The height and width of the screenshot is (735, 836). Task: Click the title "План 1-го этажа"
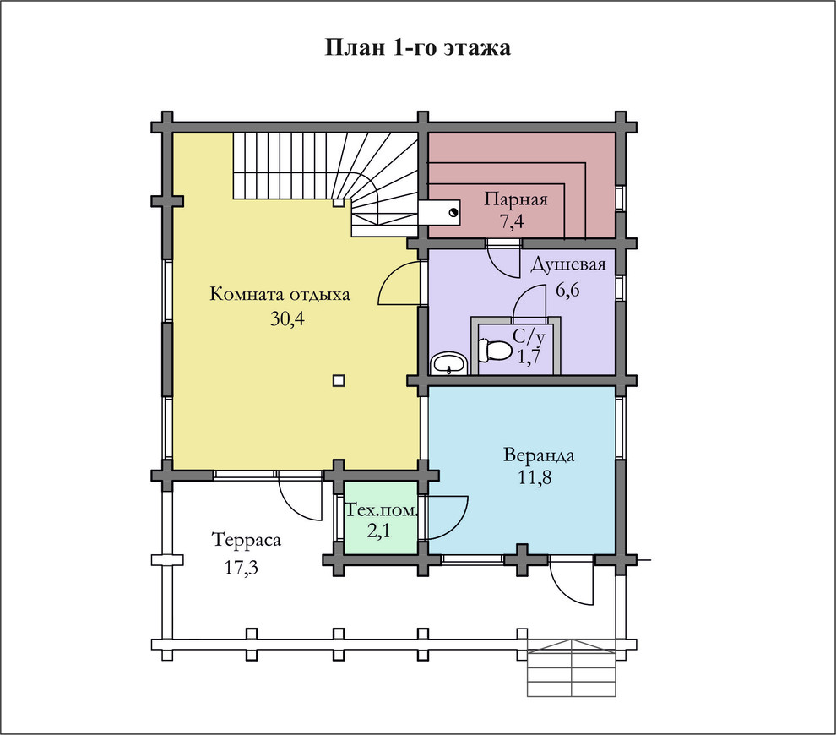click(x=417, y=47)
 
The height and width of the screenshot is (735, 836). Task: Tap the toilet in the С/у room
click(x=494, y=351)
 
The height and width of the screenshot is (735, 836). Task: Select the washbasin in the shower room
click(x=449, y=364)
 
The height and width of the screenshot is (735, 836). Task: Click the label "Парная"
click(x=516, y=199)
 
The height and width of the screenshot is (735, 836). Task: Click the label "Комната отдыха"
click(x=280, y=294)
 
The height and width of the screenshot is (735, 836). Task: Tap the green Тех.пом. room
click(x=380, y=518)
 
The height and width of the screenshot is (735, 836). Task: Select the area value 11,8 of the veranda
click(x=535, y=477)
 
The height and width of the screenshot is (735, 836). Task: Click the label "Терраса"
click(x=247, y=540)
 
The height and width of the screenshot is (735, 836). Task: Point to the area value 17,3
click(x=241, y=568)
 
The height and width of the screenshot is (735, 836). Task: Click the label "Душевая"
click(x=568, y=264)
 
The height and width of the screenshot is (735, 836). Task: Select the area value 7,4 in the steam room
click(x=512, y=221)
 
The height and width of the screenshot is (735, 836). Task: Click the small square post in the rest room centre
click(x=339, y=381)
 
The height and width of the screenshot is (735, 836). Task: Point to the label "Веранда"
click(x=539, y=455)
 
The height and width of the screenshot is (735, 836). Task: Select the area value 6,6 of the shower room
click(x=567, y=290)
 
